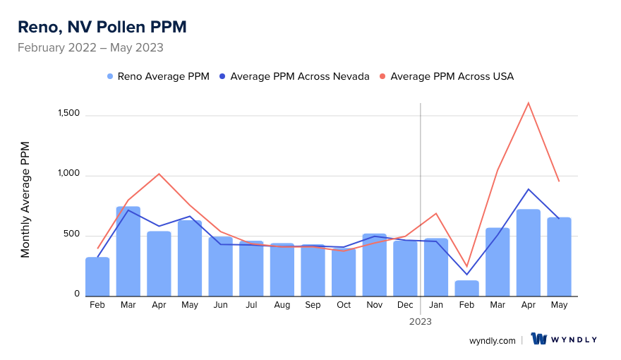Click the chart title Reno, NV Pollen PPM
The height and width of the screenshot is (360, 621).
tap(102, 27)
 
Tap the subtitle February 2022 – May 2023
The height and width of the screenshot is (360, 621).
tap(90, 48)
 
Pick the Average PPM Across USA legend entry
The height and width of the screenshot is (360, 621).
tap(452, 76)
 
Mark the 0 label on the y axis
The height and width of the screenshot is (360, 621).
tap(78, 294)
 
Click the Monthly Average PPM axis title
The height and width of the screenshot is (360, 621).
tap(25, 200)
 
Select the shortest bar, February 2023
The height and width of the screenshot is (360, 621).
tap(466, 288)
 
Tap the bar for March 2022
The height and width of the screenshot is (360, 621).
tap(128, 251)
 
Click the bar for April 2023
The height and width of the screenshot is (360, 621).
tap(529, 253)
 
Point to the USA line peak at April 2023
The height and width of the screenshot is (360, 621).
tap(529, 103)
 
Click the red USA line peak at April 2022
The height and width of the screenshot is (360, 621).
tap(159, 174)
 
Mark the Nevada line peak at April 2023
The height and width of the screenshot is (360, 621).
tap(529, 189)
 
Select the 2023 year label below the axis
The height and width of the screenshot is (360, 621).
tap(421, 321)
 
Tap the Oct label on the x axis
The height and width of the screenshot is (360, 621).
tap(344, 305)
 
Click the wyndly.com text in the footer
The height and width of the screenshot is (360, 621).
tap(493, 340)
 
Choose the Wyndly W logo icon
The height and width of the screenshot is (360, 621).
tap(540, 340)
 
